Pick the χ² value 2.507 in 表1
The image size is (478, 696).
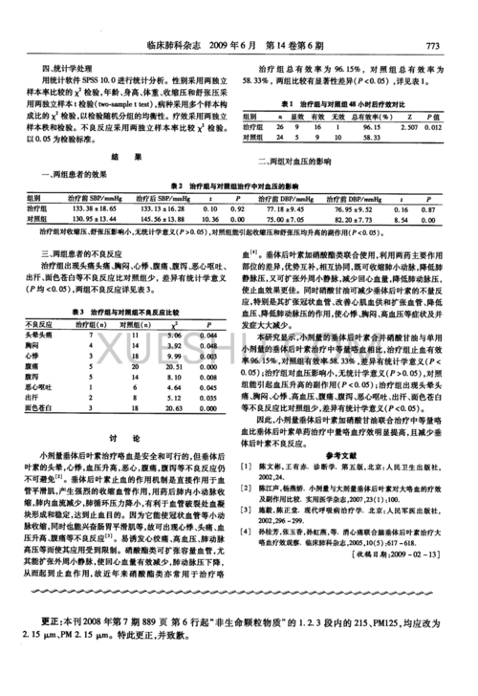coord(408,126)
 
